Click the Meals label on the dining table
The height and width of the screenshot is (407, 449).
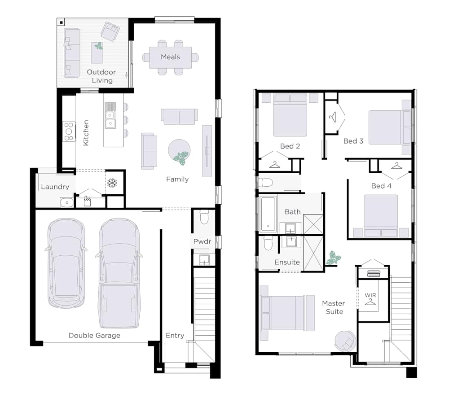click(170, 57)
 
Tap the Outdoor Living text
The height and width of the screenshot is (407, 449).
click(101, 76)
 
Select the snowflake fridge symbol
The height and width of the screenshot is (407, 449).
click(112, 183)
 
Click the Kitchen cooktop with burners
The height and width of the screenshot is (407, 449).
click(69, 131)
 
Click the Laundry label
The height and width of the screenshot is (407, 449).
click(55, 187)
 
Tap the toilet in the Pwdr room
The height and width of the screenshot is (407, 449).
click(204, 217)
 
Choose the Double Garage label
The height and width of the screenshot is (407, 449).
click(94, 336)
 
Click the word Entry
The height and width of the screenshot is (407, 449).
click(175, 336)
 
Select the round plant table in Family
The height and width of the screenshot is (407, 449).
click(179, 151)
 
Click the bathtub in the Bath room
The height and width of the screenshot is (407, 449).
click(269, 214)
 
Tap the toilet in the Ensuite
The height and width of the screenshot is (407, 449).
click(269, 243)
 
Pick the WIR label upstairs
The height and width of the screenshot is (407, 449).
click(370, 295)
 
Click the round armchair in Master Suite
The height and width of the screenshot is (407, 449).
click(345, 341)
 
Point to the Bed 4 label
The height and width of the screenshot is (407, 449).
click(381, 186)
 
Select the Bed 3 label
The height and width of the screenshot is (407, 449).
click(353, 141)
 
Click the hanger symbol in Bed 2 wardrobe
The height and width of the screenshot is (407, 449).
click(275, 165)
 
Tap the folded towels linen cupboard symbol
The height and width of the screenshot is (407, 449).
click(374, 274)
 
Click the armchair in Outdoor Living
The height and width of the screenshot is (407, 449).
click(110, 31)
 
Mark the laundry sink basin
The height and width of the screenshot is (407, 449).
click(67, 202)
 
